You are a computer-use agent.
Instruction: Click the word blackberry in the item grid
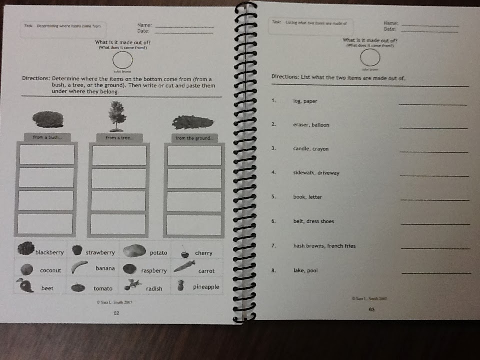49,253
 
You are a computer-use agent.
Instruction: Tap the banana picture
79,268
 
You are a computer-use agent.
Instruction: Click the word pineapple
206,287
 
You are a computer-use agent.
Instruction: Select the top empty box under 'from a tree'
119,155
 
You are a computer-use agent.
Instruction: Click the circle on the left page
122,61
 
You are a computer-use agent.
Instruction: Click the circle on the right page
369,58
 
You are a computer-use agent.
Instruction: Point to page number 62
116,313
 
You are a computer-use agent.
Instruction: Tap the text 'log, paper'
305,101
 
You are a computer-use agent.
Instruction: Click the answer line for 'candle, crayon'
434,151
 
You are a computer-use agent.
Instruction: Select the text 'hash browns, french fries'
324,246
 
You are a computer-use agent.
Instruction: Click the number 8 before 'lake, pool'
274,270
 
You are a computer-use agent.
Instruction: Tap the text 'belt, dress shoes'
313,221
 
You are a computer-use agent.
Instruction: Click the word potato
159,253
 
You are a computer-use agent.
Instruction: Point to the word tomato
103,288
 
